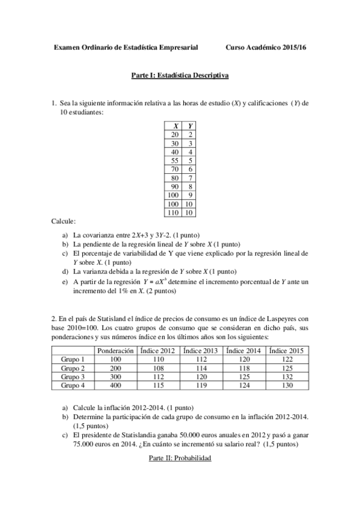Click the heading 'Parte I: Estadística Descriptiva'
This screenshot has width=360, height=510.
[180, 76]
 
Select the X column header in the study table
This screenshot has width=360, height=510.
[174, 126]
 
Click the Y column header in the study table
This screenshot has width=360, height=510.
[189, 126]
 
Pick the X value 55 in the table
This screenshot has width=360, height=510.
[174, 161]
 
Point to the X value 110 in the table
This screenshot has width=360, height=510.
[174, 212]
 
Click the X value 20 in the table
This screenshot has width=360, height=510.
[174, 135]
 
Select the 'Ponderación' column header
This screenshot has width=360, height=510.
[115, 350]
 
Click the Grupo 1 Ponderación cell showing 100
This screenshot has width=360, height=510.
[115, 359]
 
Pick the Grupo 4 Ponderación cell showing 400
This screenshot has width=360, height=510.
[115, 385]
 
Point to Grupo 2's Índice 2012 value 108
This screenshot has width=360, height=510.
[158, 367]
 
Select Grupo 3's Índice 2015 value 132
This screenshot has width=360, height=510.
[287, 376]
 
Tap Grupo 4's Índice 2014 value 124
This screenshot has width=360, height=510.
[244, 385]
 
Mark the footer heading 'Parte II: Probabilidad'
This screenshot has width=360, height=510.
[180, 458]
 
